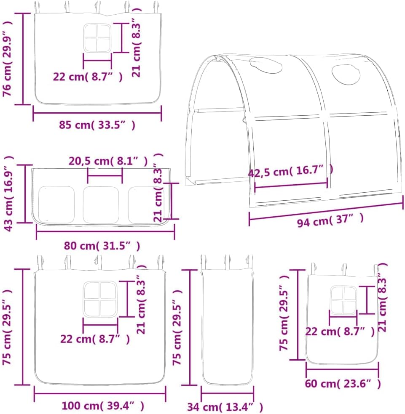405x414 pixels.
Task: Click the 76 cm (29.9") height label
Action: [x=7, y=58]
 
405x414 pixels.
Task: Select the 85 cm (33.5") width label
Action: [x=97, y=125]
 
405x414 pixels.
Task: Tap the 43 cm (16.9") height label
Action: [x=9, y=194]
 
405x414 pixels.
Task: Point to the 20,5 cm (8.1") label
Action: [x=108, y=161]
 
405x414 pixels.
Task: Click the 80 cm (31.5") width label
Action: [x=102, y=246]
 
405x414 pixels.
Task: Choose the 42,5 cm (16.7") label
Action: [x=290, y=171]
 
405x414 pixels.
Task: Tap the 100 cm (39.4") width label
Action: [x=103, y=406]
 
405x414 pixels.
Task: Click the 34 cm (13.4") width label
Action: [x=225, y=407]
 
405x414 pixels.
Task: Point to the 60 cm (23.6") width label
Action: [x=343, y=383]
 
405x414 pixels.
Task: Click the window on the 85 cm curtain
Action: [x=97, y=38]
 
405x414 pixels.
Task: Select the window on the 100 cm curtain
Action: [x=100, y=299]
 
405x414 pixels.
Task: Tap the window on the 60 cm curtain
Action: [x=343, y=300]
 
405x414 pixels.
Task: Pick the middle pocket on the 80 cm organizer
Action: [x=101, y=204]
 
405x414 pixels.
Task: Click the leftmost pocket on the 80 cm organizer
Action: [x=56, y=204]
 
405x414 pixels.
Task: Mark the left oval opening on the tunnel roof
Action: [x=266, y=66]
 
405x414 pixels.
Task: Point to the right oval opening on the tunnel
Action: [x=346, y=74]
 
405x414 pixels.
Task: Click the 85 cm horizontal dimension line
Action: [x=97, y=114]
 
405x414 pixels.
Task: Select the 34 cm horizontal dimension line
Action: [x=227, y=394]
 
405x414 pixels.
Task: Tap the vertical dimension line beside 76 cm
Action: [x=23, y=59]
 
